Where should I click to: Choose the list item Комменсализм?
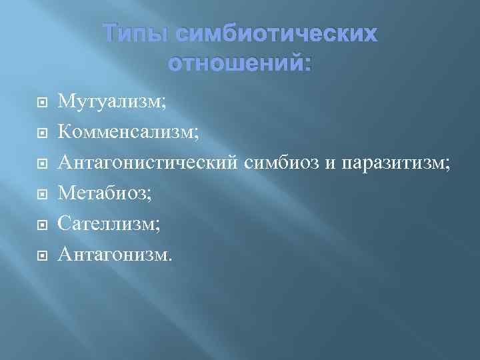[127, 132]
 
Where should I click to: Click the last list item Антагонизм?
[113, 253]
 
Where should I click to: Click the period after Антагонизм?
[169, 258]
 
